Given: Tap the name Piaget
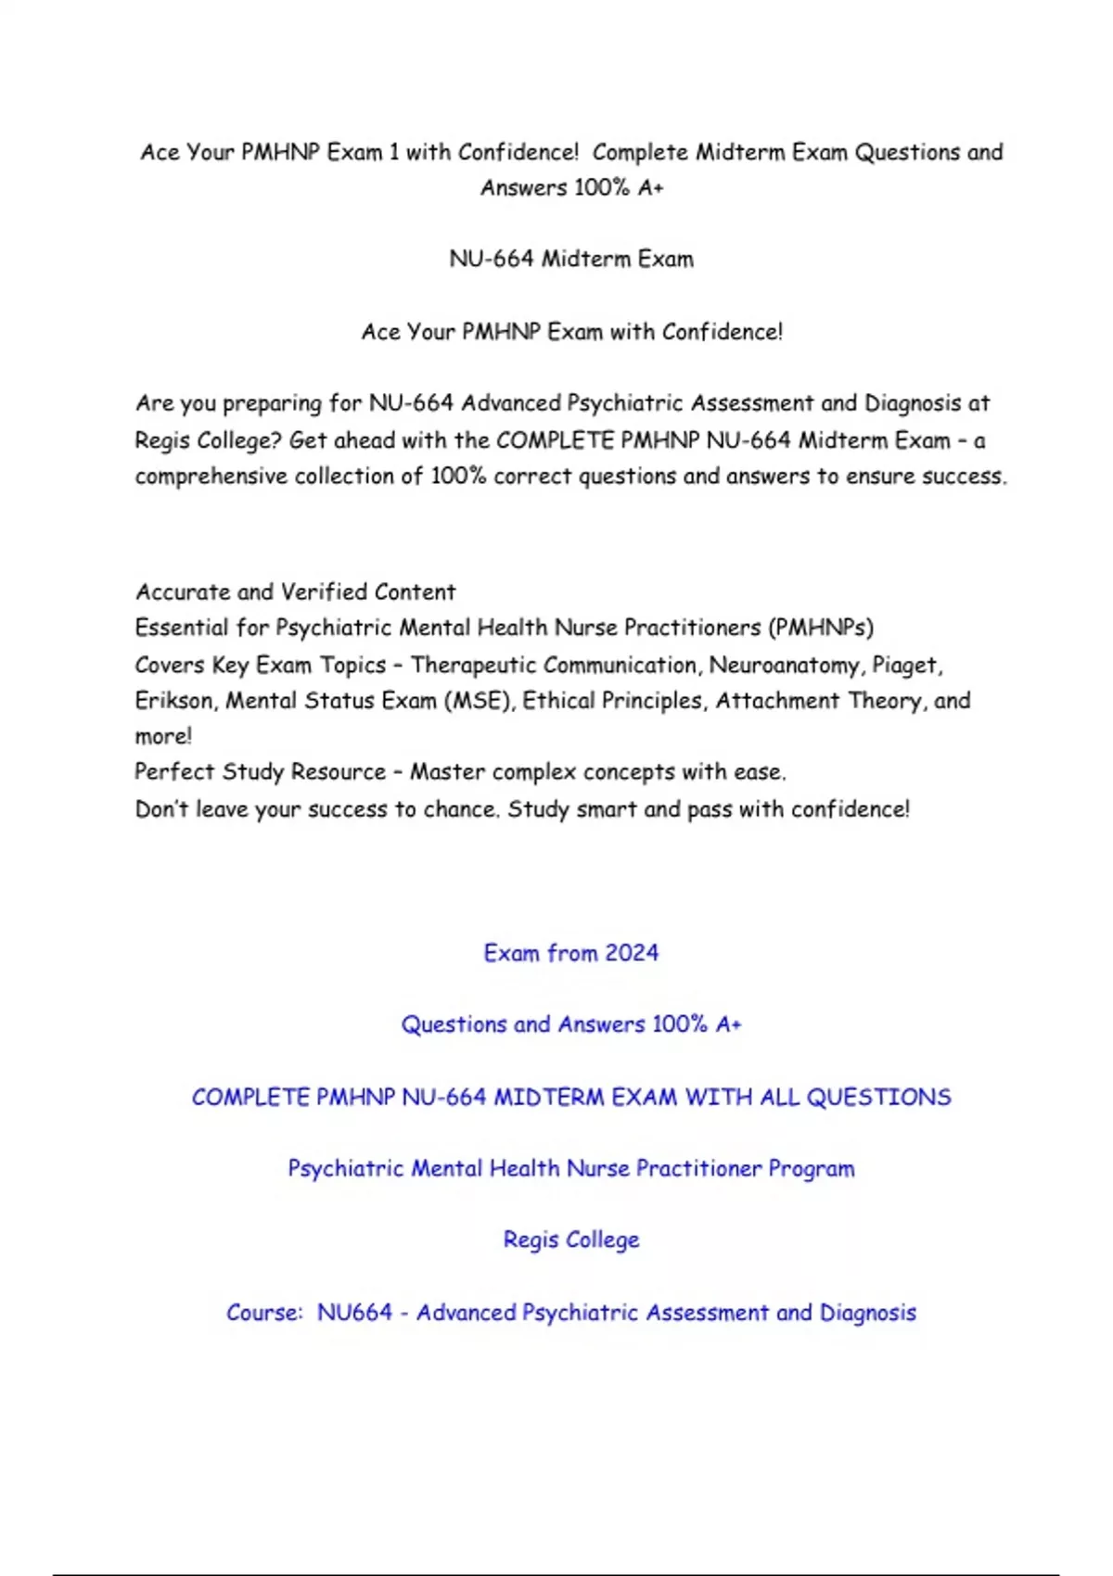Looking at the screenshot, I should pyautogui.click(x=906, y=666).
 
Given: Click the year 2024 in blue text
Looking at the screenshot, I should pyautogui.click(x=632, y=953).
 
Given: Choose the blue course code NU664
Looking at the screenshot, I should pyautogui.click(x=354, y=1313).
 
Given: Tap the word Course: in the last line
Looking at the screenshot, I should pyautogui.click(x=264, y=1313).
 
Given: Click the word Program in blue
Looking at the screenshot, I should pyautogui.click(x=812, y=1169).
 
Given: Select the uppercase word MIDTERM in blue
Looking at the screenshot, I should pyautogui.click(x=548, y=1098).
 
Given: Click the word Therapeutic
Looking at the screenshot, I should pyautogui.click(x=474, y=666).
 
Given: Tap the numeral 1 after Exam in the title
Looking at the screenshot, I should pyautogui.click(x=394, y=152).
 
